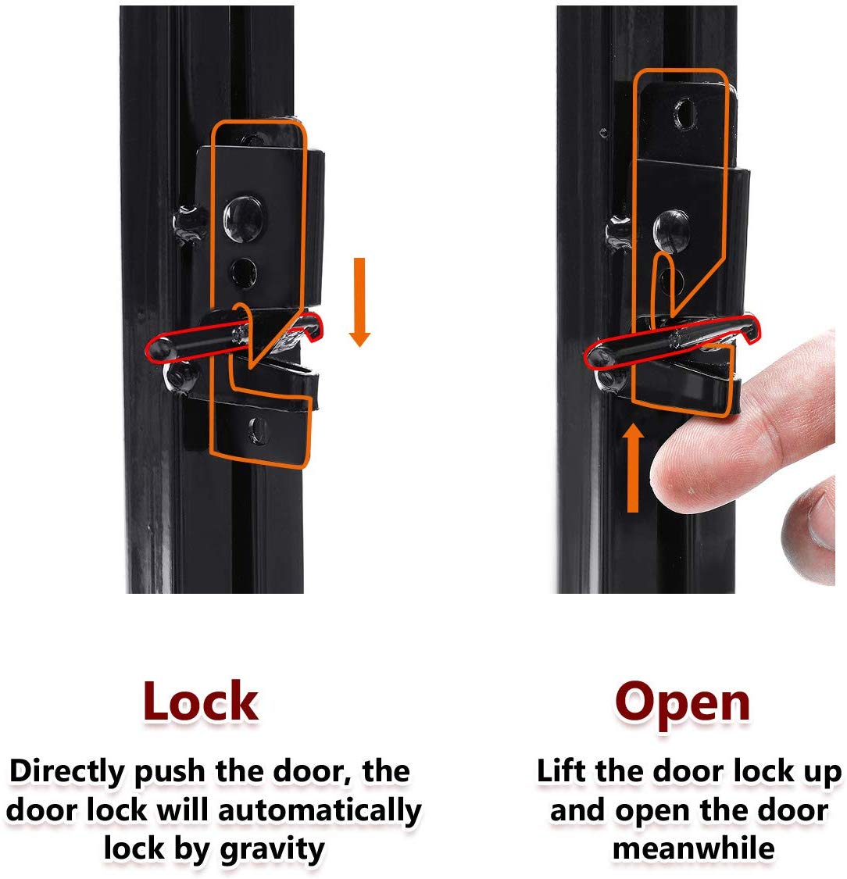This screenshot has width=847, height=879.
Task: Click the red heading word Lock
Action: (201, 702)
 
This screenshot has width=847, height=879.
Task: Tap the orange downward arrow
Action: (359, 302)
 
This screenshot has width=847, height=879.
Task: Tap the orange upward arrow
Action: (633, 467)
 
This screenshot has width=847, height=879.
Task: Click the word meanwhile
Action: (694, 848)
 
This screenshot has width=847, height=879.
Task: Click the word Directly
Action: (68, 773)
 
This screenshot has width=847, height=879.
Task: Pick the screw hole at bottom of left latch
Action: (257, 431)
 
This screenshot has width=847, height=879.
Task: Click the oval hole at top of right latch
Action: (685, 113)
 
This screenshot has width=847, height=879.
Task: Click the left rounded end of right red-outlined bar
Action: (596, 356)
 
